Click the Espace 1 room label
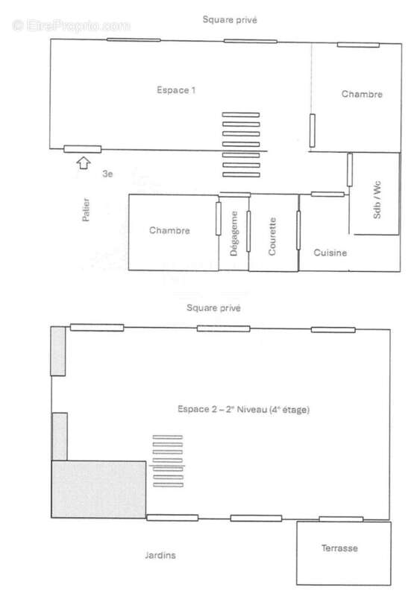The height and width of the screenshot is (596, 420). click(x=176, y=90)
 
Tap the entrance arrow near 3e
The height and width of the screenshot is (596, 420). click(x=83, y=161)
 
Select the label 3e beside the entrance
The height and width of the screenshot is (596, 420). click(x=107, y=174)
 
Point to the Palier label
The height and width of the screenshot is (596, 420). click(x=87, y=210)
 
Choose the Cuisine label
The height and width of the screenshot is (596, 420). click(x=330, y=253)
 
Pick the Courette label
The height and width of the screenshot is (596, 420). click(x=273, y=235)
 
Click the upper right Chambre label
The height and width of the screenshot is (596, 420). click(x=362, y=94)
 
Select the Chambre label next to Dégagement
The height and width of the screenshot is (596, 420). click(x=169, y=230)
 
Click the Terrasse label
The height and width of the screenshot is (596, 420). click(x=339, y=548)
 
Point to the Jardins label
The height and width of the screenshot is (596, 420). click(x=161, y=555)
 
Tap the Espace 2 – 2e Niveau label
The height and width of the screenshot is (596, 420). click(x=243, y=409)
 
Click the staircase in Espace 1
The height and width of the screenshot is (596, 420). click(x=241, y=145)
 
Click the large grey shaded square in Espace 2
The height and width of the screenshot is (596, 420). click(x=98, y=489)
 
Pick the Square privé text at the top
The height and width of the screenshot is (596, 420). click(x=230, y=20)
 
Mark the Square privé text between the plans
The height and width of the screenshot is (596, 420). click(x=214, y=307)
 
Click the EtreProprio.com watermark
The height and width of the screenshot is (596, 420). click(x=71, y=25)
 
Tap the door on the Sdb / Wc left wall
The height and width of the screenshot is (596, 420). click(x=349, y=169)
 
